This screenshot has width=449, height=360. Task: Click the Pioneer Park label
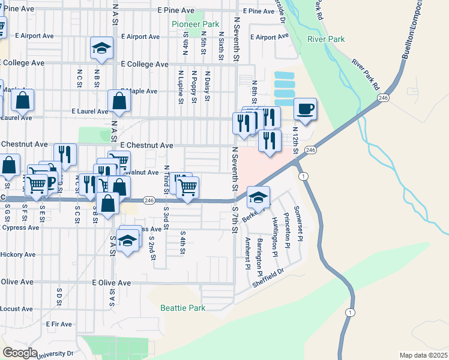(195, 24)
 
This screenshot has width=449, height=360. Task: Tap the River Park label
(326, 39)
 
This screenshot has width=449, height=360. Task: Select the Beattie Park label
(183, 308)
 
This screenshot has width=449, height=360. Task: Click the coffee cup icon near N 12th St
(306, 109)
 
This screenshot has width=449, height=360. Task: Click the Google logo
(20, 353)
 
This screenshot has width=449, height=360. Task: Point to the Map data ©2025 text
(423, 355)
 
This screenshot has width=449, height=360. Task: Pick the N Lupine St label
(179, 86)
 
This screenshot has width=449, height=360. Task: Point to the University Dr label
(54, 354)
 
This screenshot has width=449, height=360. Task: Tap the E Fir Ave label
(59, 324)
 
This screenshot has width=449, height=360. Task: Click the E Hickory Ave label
(18, 254)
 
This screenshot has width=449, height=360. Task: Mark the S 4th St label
(182, 242)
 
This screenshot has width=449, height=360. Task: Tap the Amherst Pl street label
(247, 253)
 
